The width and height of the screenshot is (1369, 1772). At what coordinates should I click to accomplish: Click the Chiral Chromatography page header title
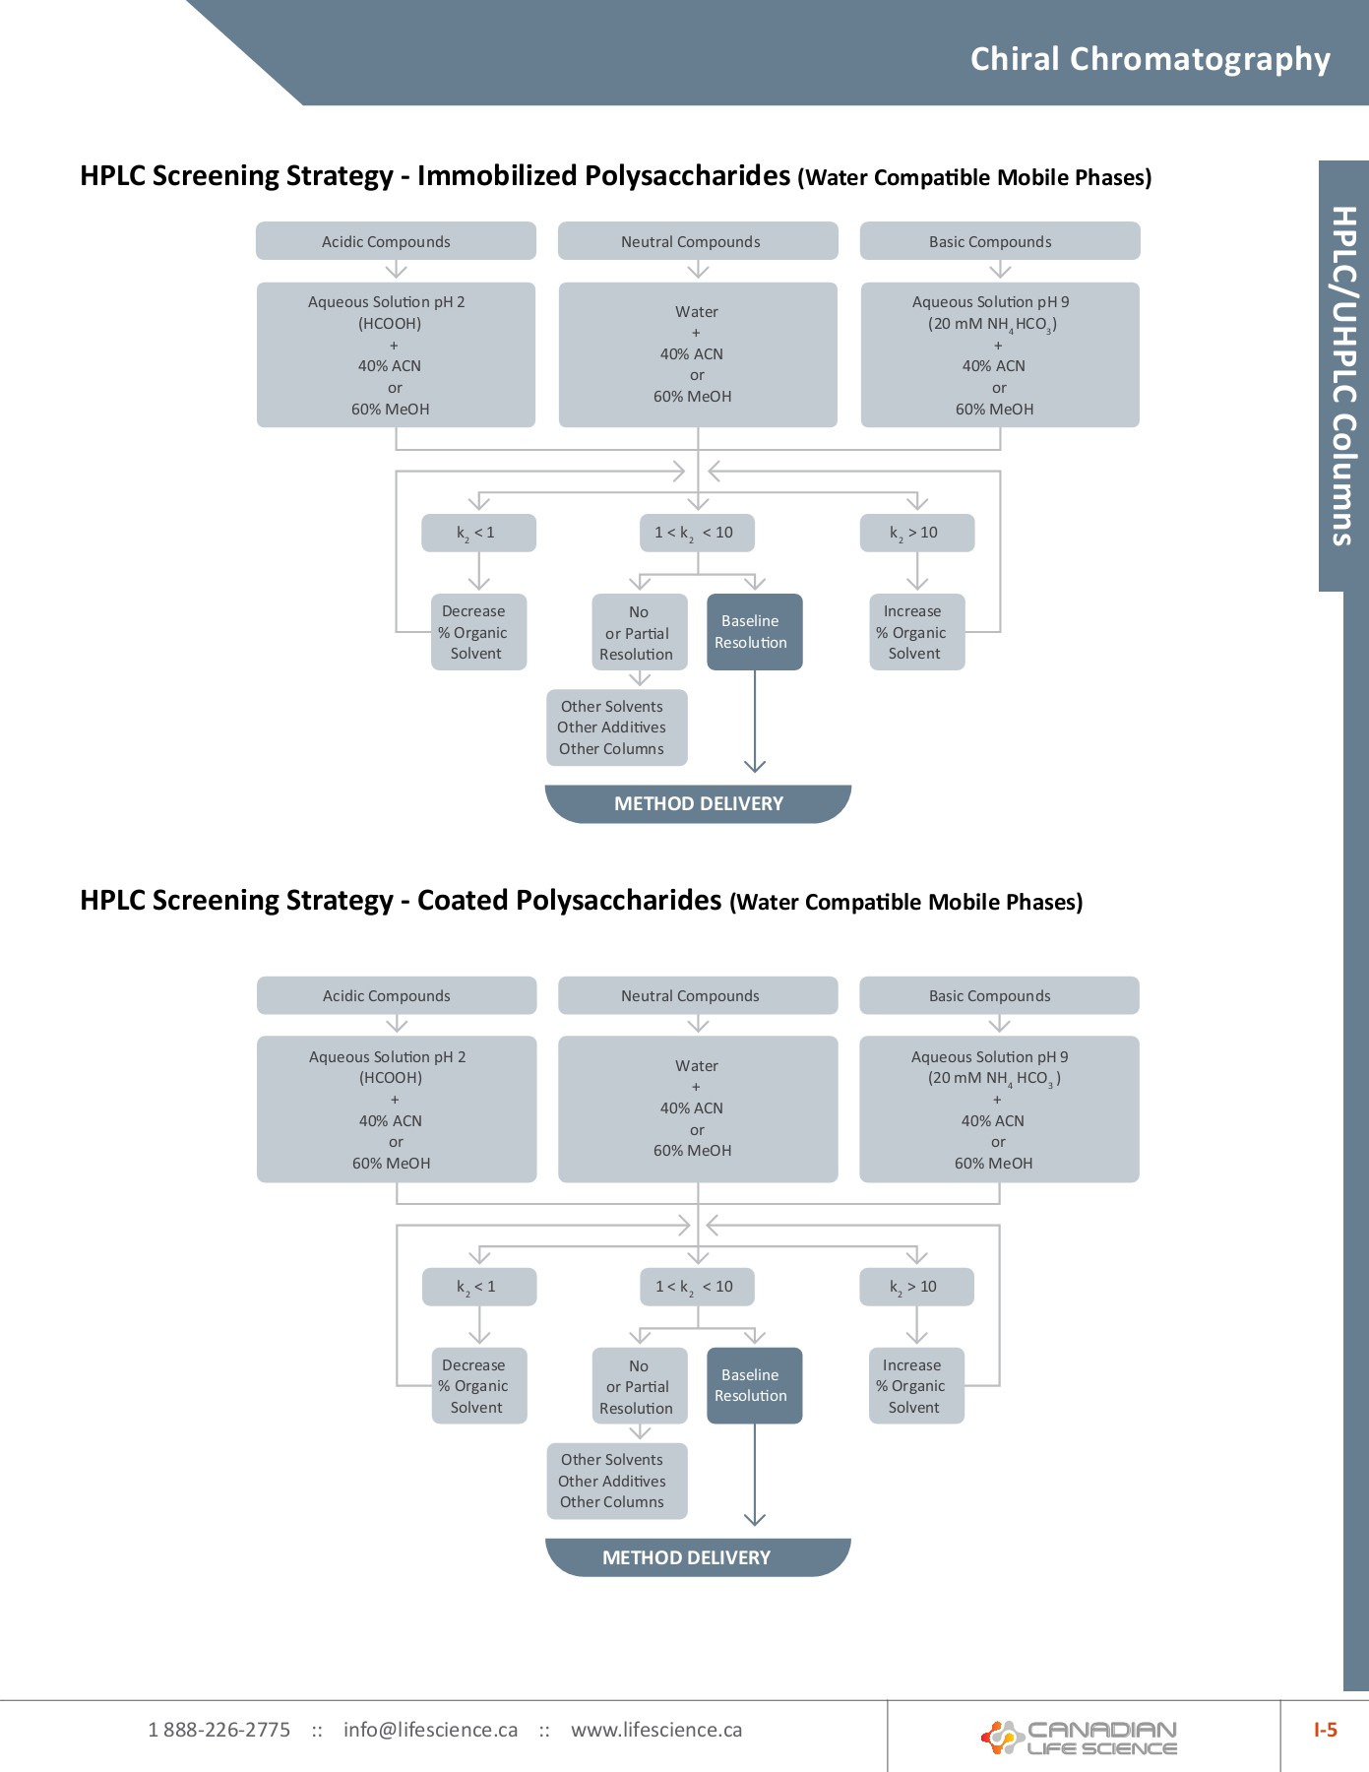pos(1150,59)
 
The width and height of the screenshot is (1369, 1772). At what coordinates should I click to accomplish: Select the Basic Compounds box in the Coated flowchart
pos(999,995)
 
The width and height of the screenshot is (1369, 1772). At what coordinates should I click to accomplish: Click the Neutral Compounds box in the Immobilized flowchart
pos(698,241)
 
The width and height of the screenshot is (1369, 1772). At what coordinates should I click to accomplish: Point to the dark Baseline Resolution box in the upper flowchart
pos(754,632)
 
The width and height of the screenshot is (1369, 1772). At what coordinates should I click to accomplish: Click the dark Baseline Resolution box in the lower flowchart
pos(754,1385)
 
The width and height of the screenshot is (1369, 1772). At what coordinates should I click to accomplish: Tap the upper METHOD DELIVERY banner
pos(698,803)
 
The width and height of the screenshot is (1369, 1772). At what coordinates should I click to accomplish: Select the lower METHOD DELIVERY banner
pos(697,1557)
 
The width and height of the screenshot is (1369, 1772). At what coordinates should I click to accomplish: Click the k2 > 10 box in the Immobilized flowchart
pos(916,533)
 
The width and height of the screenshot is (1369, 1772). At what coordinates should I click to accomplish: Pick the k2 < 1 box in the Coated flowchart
pos(479,1287)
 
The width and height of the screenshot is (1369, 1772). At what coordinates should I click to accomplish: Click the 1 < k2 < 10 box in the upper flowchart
pos(697,533)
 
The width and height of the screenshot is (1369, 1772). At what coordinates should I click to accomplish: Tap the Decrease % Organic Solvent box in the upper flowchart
pos(478,632)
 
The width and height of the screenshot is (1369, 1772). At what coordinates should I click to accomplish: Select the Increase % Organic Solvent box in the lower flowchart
pos(916,1385)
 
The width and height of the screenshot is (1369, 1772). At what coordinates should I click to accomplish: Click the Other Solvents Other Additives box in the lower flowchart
pos(616,1481)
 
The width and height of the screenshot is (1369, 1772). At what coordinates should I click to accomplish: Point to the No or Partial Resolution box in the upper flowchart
pos(639,633)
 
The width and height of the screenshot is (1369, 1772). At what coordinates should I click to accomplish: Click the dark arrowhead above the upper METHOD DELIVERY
pos(755,765)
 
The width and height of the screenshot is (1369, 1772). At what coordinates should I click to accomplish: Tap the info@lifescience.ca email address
pos(430,1730)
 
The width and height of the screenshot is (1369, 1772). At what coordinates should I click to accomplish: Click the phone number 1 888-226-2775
pos(218,1730)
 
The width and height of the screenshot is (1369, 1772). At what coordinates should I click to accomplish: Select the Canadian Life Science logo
pos(1080,1738)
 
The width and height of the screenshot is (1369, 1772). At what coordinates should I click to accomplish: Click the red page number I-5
pos(1325,1730)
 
